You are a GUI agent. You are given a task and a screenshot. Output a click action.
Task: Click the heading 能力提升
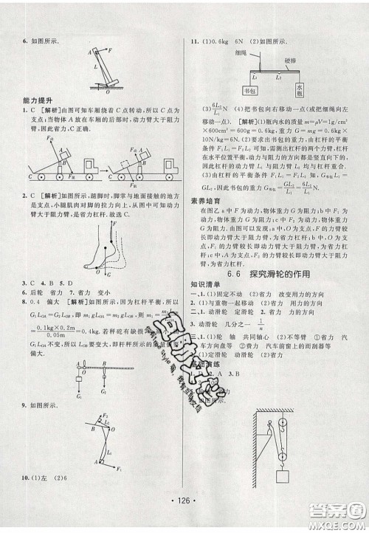tap(34, 109)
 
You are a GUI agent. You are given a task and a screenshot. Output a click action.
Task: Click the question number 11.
tap(195, 42)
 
